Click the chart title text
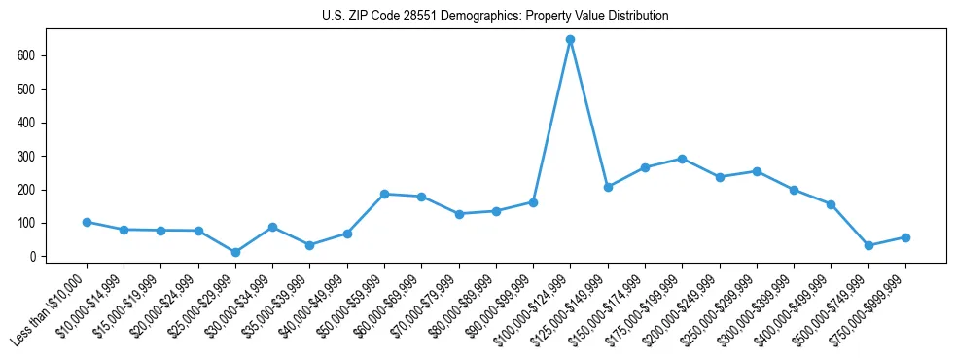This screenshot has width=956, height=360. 495,17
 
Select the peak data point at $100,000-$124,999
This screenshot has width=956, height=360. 570,40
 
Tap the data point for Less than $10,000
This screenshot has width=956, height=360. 87,222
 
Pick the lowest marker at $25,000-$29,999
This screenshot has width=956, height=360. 235,252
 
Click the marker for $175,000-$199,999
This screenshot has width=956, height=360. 682,159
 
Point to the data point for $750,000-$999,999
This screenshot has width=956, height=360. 905,237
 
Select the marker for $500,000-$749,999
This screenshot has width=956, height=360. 868,245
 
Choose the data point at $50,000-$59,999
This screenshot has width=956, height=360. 384,194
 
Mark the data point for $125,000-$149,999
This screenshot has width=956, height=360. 608,187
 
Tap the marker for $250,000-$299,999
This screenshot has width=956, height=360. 757,171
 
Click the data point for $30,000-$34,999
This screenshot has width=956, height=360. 272,227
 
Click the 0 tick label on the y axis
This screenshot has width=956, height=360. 33,257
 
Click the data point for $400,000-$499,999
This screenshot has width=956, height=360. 831,204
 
